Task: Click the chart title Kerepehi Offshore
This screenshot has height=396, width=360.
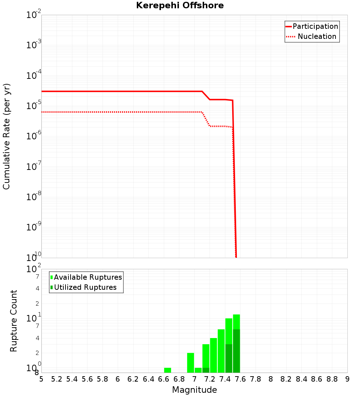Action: [x=180, y=6]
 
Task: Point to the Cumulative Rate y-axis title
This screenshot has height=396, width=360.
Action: [x=6, y=136]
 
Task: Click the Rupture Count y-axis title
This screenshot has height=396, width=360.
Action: [x=14, y=321]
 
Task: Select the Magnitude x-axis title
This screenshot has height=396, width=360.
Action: [x=194, y=390]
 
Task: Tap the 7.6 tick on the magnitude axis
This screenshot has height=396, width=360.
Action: [x=240, y=379]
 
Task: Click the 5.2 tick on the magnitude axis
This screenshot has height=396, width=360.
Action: [x=57, y=379]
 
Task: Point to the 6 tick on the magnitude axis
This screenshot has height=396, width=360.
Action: [x=118, y=379]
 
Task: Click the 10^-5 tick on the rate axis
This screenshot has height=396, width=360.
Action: [x=33, y=106]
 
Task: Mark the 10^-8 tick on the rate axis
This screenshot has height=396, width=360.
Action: [x=33, y=197]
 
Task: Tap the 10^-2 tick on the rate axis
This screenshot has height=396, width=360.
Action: [x=33, y=15]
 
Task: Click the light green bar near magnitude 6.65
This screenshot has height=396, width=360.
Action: [x=167, y=370]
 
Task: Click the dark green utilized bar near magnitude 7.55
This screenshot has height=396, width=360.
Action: [x=236, y=351]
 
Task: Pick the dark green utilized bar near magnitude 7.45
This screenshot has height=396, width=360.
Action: [x=229, y=358]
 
